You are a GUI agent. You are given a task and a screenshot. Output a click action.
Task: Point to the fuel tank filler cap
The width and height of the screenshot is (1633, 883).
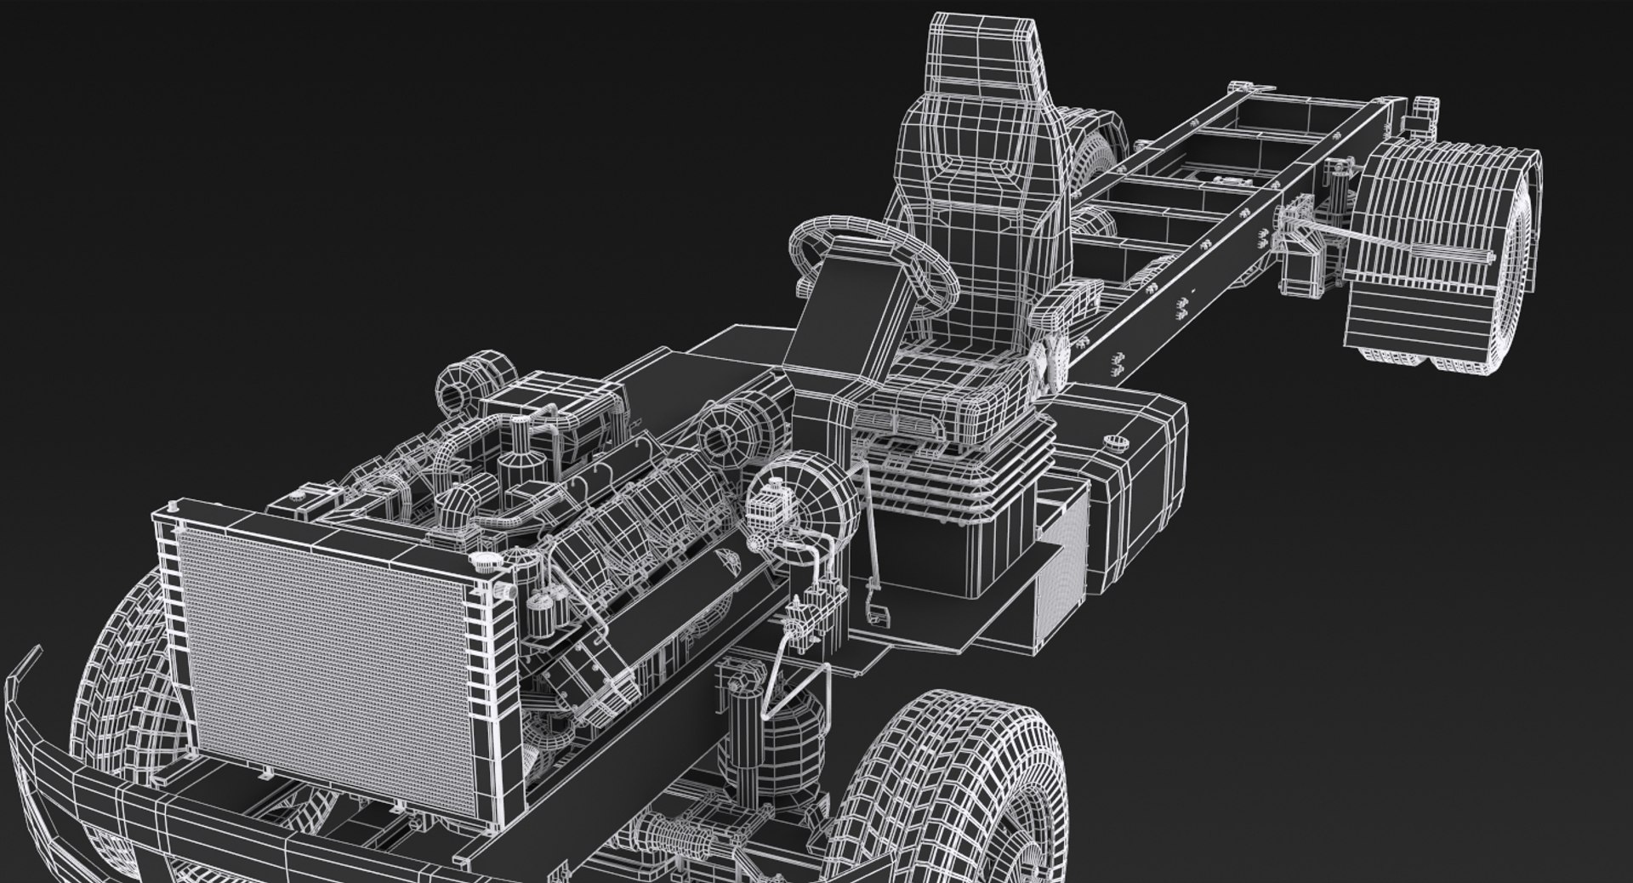tap(1115, 440)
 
